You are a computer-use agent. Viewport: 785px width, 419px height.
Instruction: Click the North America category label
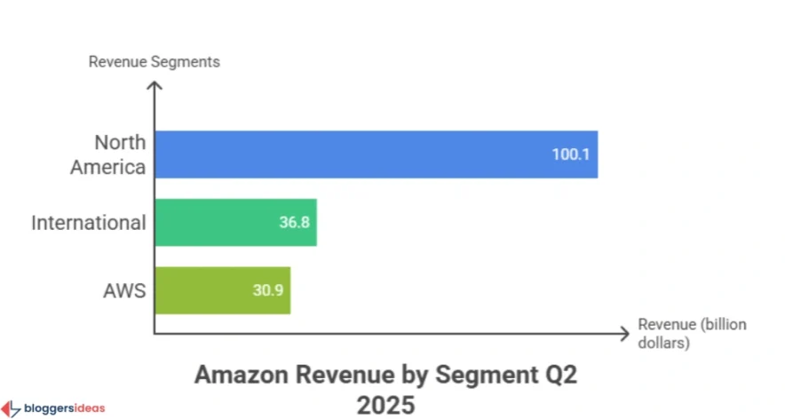[120, 154]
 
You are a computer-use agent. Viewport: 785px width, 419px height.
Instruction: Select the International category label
[88, 223]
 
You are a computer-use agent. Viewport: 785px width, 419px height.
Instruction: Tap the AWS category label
[123, 290]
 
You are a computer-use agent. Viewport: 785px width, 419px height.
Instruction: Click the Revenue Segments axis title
[154, 62]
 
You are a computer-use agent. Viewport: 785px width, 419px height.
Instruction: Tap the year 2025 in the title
[385, 405]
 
